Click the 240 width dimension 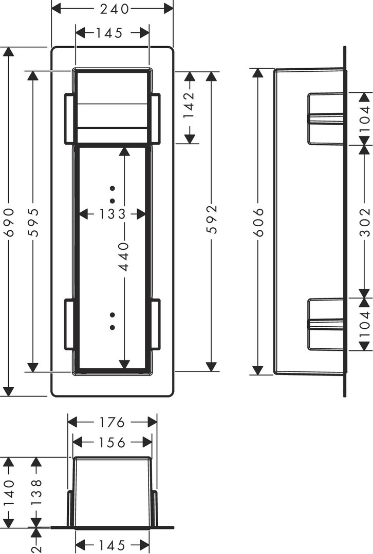(114, 9)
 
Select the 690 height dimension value (9, 222)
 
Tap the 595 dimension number (33, 222)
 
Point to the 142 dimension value (190, 105)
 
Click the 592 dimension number (211, 219)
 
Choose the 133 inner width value (112, 214)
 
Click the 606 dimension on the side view (258, 222)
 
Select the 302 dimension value (364, 222)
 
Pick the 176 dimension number (112, 422)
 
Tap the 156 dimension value (112, 442)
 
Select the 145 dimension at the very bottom (112, 545)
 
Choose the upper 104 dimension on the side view (364, 118)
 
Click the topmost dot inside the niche (113, 188)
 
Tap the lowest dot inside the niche (113, 327)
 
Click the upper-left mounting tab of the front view (69, 118)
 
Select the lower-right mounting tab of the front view (155, 325)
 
